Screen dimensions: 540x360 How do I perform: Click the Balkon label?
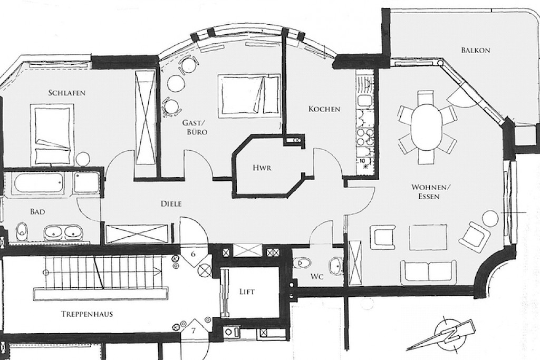475,50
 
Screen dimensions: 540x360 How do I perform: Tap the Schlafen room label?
67,93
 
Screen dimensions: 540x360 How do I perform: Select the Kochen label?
324,109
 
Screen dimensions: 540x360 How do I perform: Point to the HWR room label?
262,168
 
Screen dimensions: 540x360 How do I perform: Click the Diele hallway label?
171,204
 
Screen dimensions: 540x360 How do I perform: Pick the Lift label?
247,292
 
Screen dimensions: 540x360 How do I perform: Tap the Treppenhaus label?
87,314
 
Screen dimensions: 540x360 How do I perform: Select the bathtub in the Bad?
38,183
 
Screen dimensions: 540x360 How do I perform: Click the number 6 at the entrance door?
193,255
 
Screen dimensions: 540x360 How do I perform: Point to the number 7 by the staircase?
194,331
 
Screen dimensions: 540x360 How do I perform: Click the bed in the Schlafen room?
52,135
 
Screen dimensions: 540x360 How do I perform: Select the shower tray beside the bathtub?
86,182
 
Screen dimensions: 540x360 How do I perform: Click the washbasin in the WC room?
336,266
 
